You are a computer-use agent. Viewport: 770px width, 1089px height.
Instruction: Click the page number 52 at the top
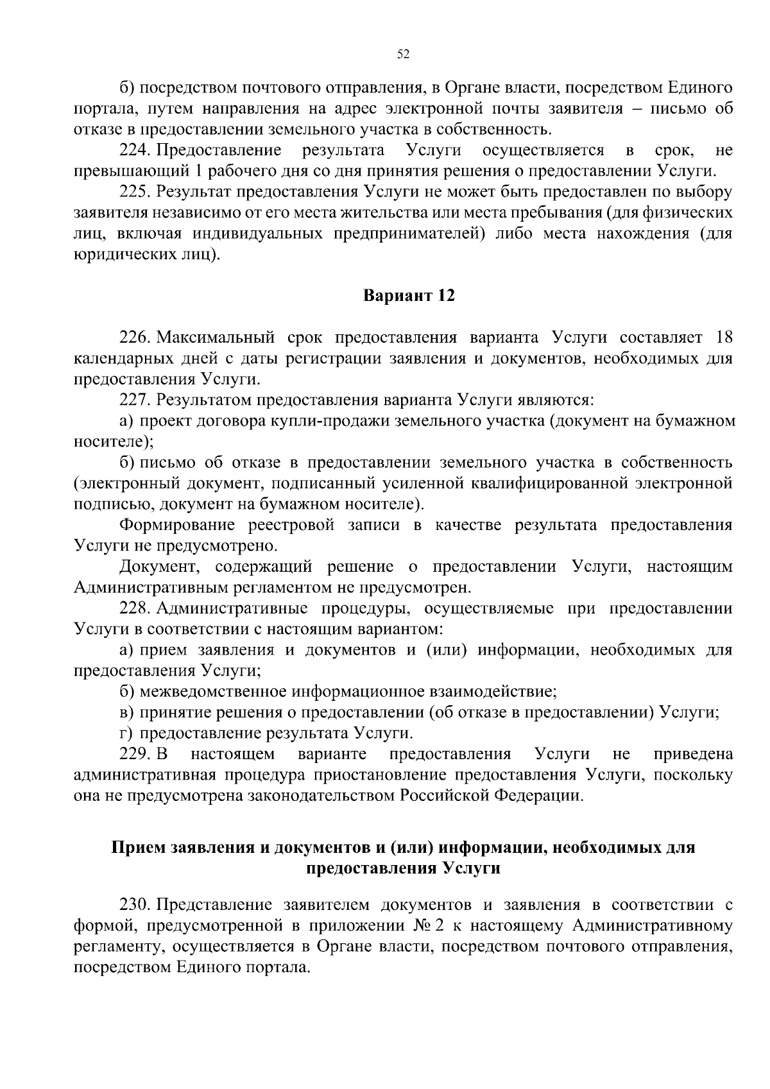[403, 55]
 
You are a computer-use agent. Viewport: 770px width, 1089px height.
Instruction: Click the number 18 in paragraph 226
[723, 338]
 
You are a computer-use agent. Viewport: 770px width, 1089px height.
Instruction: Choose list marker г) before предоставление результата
[126, 733]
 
